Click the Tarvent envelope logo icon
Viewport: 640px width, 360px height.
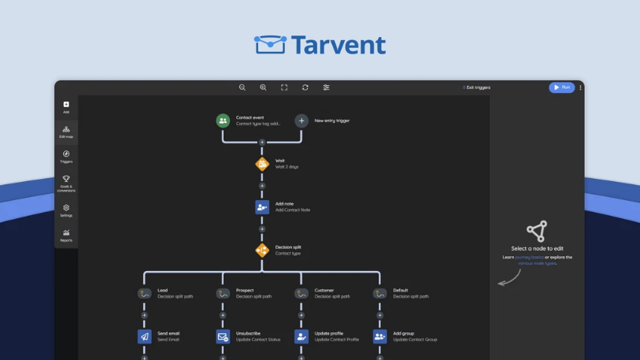269,45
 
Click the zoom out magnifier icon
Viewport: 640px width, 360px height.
242,87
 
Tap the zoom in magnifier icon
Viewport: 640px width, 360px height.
263,87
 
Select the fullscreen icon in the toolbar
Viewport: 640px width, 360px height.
284,87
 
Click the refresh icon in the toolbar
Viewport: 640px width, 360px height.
305,87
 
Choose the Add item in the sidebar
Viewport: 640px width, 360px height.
66,106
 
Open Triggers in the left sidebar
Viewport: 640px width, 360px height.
66,156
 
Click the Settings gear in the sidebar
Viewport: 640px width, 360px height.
66,210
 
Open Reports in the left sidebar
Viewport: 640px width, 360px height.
66,235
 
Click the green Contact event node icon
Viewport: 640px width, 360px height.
223,121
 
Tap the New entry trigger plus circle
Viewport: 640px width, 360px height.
302,121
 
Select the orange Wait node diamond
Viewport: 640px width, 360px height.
262,164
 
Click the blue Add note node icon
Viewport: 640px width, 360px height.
262,206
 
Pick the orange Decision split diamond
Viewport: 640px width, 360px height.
262,251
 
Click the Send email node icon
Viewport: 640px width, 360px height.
144,336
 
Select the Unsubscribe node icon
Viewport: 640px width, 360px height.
223,336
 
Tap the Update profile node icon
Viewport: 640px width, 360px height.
302,336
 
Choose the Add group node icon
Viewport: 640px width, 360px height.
380,336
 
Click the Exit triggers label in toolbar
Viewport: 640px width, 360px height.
478,87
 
